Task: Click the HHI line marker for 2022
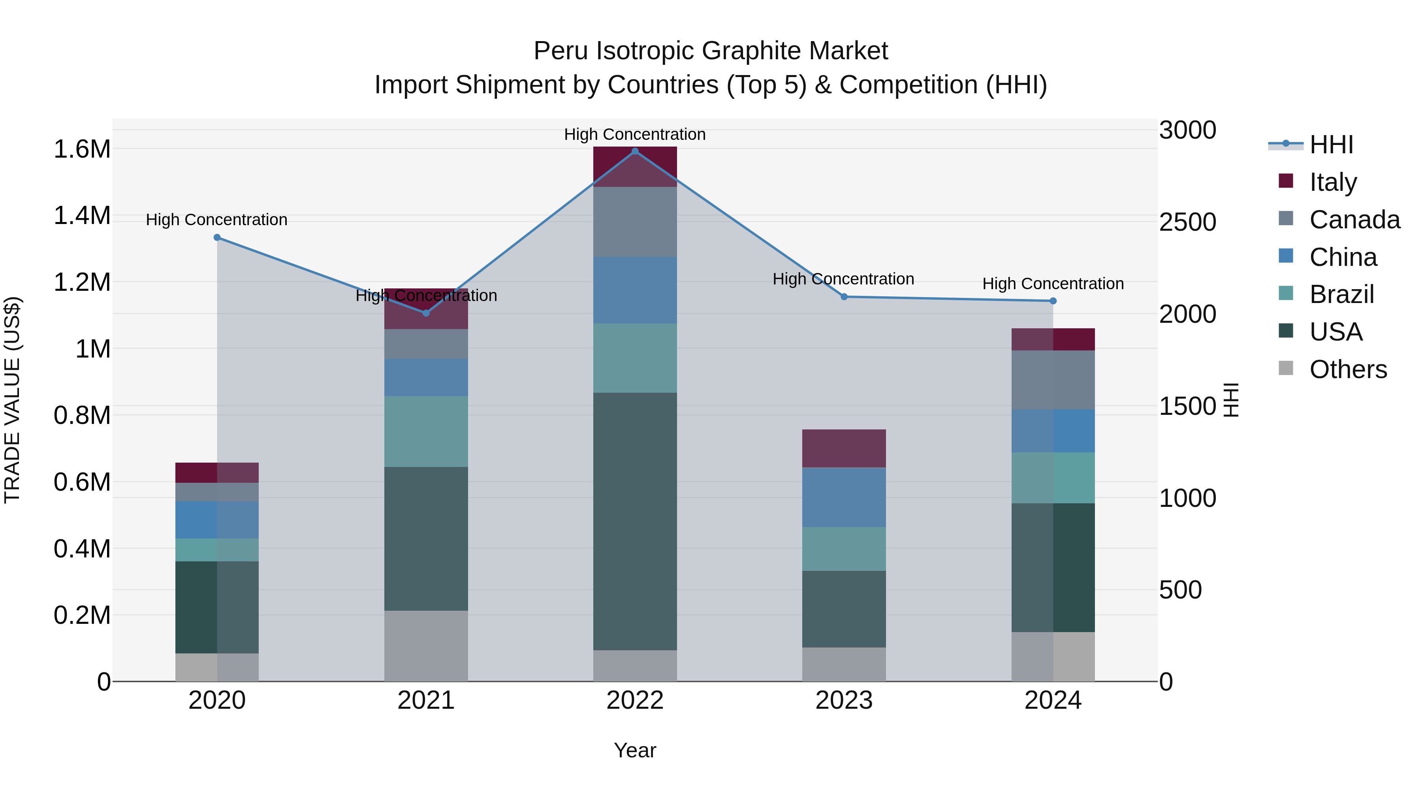tap(635, 151)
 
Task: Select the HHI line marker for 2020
tap(217, 237)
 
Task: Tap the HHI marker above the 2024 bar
tap(1053, 301)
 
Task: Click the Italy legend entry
tap(1333, 182)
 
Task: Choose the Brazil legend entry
tap(1341, 294)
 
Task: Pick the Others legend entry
tap(1347, 369)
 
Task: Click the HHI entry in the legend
tap(1331, 145)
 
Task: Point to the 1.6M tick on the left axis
tap(82, 149)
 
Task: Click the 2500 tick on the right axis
tap(1187, 222)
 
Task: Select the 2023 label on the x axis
tap(843, 700)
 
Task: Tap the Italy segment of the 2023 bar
tap(843, 448)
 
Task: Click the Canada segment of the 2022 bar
tap(635, 222)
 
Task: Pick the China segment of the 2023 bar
tap(843, 497)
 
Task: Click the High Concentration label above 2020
tap(216, 220)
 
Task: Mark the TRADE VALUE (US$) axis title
tap(13, 400)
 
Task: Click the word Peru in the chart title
tap(561, 51)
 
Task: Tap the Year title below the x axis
tap(635, 750)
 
